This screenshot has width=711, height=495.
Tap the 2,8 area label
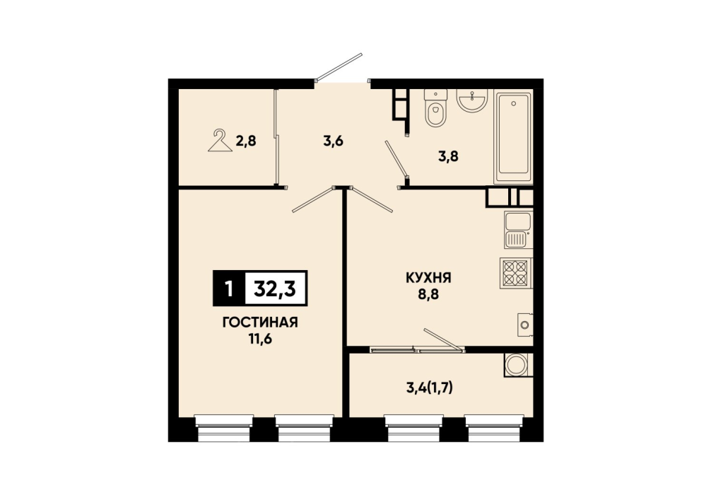246,141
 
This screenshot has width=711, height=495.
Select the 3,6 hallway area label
334,141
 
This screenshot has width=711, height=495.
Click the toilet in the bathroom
436,108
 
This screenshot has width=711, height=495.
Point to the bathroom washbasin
472,100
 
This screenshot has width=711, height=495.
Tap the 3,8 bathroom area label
448,156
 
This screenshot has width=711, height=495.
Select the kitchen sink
518,230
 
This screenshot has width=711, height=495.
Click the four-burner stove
516,273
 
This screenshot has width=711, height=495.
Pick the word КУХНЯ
428,278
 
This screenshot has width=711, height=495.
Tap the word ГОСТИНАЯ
260,322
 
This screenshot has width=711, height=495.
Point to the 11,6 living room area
260,339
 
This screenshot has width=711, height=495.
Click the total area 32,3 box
275,288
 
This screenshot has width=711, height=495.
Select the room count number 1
229,289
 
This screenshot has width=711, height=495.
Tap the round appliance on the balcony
517,365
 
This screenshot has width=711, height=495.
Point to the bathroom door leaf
396,158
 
